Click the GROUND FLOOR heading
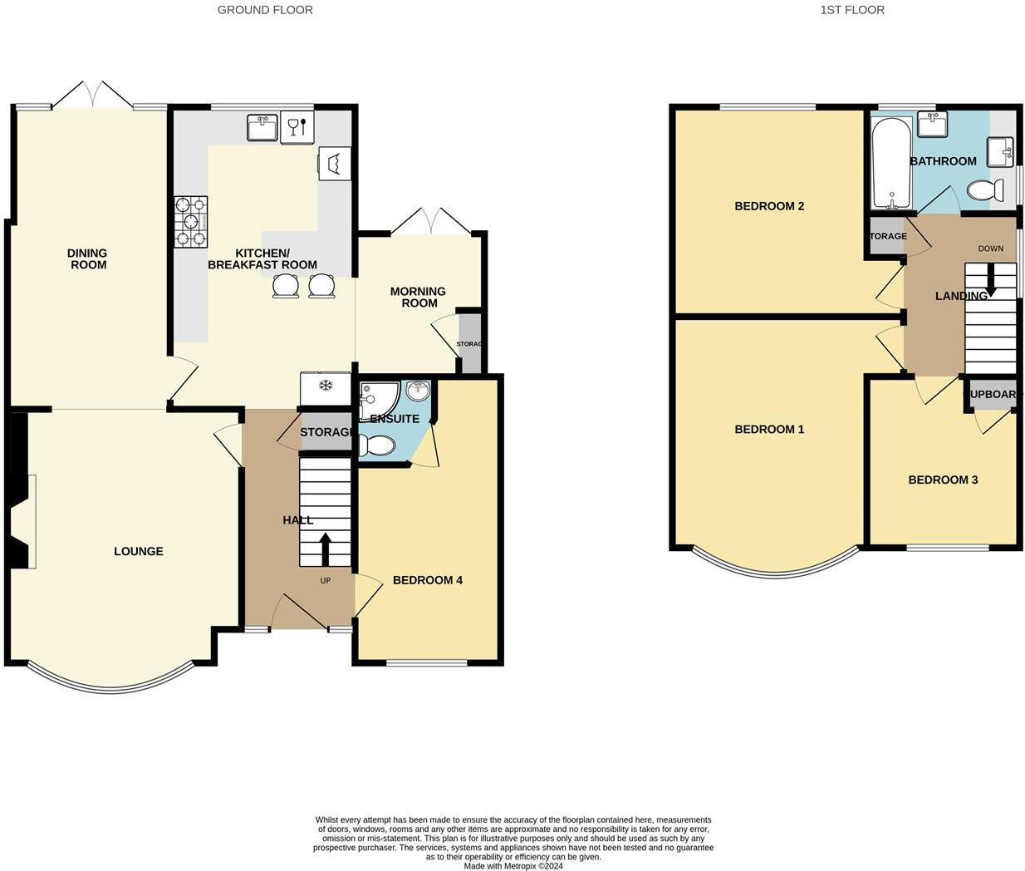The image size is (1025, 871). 265,10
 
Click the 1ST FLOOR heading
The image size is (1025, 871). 852,10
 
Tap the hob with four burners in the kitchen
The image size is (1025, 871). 190,222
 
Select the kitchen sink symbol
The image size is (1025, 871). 262,128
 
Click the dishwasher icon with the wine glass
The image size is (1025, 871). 297,127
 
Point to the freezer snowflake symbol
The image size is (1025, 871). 326,386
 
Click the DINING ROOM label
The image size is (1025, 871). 88,259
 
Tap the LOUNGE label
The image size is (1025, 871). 139,551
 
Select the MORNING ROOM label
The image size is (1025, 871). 419,297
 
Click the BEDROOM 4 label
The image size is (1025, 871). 428,580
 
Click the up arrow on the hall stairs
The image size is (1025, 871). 325,549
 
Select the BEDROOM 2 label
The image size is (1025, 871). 769,206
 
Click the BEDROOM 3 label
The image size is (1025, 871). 943,480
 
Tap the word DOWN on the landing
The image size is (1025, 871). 990,249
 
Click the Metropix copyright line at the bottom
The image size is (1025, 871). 513,866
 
